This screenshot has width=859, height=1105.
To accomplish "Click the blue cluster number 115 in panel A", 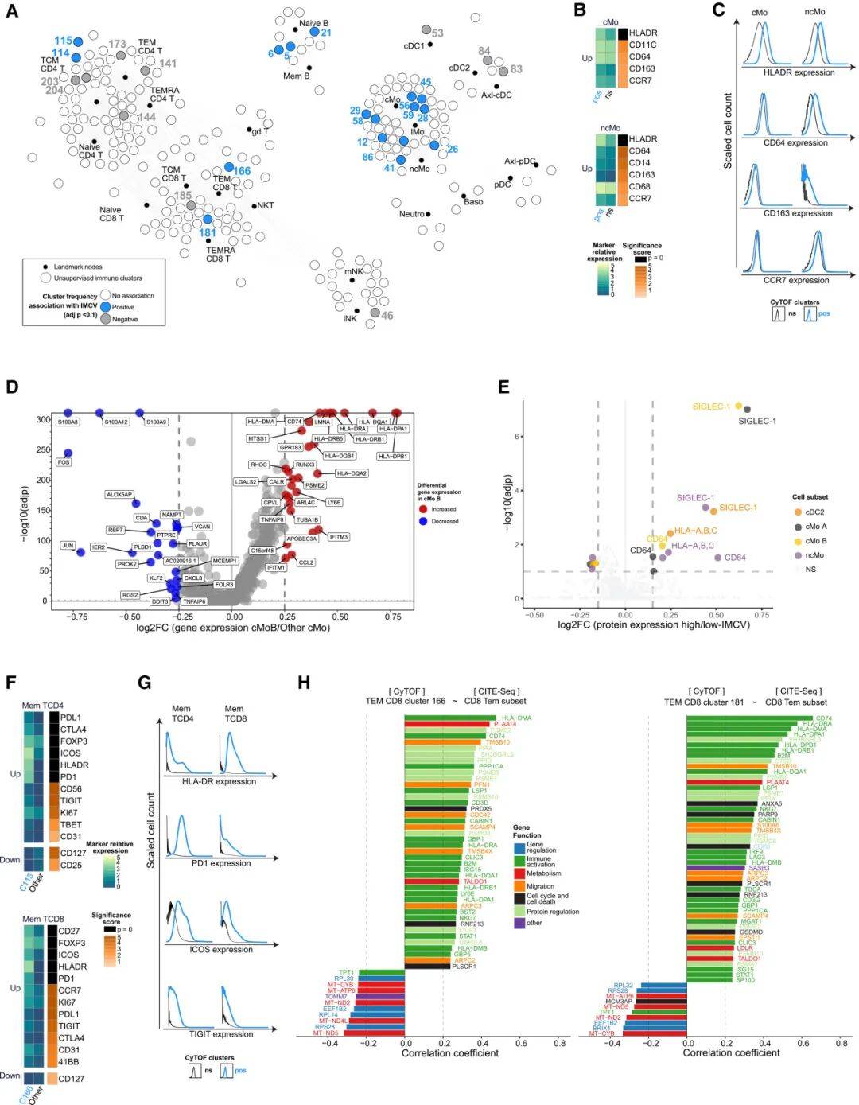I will tap(64, 41).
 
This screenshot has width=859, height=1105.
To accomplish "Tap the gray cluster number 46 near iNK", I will tap(387, 316).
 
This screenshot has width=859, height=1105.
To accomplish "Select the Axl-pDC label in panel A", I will tap(520, 161).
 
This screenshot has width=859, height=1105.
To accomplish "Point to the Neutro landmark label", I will tap(411, 214).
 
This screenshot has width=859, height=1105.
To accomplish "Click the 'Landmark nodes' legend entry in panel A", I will tap(77, 267).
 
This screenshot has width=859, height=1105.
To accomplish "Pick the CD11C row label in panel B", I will tap(643, 45).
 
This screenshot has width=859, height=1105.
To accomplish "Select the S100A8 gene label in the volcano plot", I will tap(68, 422).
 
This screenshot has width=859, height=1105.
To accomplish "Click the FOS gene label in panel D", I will tap(64, 462).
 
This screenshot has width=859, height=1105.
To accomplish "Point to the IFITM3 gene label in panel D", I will tap(338, 537).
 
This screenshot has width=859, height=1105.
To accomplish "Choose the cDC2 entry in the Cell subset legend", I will tap(814, 512).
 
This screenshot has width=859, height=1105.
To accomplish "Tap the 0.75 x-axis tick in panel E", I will tap(762, 615).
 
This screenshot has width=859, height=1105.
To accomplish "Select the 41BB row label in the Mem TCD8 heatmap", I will tap(68, 1061).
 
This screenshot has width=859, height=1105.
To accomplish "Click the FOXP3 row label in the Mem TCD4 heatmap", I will tap(74, 741).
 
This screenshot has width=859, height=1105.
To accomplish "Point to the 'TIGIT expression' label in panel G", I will tap(221, 1034).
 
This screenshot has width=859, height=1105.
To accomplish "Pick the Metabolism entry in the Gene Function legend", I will tap(543, 873).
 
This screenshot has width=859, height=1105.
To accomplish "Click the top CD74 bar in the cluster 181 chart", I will tap(744, 719).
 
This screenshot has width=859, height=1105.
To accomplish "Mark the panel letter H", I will tap(303, 682).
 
